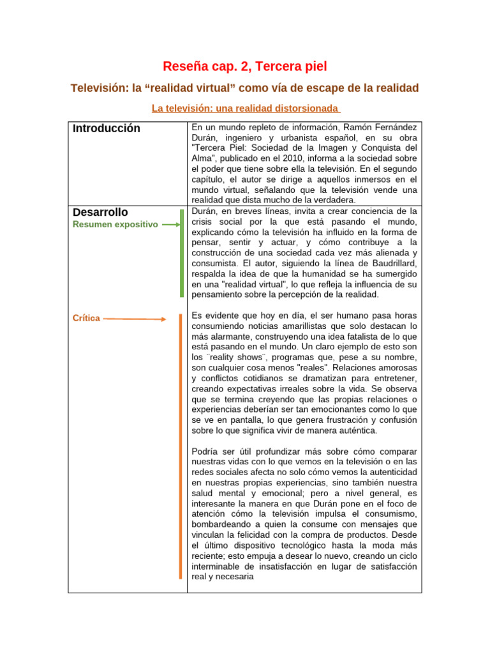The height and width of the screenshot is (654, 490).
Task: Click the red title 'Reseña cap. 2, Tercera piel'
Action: (x=245, y=66)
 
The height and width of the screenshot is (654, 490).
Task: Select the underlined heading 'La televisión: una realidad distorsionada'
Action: (x=246, y=108)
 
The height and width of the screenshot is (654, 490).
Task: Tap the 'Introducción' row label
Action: (x=106, y=128)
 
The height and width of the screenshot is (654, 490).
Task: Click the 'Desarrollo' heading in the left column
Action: (x=100, y=211)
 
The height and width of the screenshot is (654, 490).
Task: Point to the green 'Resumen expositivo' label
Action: (x=115, y=224)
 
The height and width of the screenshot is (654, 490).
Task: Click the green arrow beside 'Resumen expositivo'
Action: (x=171, y=225)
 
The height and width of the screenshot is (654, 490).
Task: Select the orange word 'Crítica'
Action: (x=86, y=318)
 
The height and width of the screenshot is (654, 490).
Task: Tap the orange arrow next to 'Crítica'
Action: (x=135, y=319)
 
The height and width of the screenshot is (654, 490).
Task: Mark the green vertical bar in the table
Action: (x=182, y=253)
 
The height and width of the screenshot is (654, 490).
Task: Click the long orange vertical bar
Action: (x=181, y=446)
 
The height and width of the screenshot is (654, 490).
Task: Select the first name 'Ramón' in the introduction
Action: (x=354, y=128)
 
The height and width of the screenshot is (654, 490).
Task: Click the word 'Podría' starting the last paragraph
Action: (x=205, y=451)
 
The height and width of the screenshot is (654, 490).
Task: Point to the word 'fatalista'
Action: (x=369, y=337)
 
